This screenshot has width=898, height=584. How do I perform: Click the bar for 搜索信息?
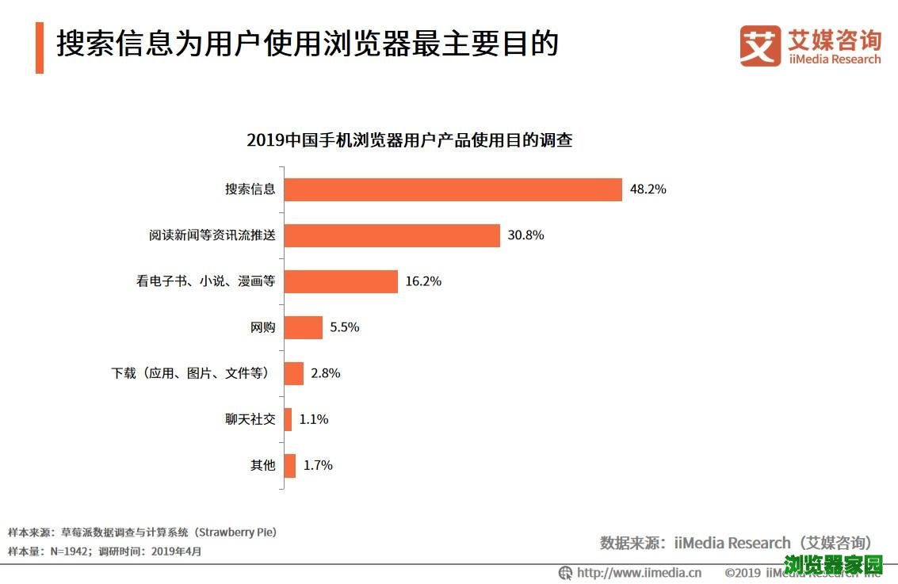[453, 189]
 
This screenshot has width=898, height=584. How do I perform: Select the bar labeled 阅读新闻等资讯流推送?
[392, 235]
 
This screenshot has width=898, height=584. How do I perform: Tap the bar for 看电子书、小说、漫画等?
[341, 281]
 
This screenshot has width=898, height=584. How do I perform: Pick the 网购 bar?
[303, 327]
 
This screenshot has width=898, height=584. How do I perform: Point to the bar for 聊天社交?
[288, 419]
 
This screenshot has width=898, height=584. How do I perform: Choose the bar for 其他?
[289, 465]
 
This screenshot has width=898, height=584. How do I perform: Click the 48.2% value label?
[648, 189]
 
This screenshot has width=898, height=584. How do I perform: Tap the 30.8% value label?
[525, 235]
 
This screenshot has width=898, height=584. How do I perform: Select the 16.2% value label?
[423, 281]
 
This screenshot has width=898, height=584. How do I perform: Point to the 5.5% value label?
[345, 327]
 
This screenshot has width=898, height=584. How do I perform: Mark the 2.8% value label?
[326, 373]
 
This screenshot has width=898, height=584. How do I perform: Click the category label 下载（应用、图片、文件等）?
[194, 373]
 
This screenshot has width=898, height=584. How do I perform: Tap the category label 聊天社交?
[250, 419]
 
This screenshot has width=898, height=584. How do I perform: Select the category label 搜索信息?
[250, 189]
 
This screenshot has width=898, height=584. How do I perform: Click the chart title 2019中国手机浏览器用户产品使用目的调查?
[409, 141]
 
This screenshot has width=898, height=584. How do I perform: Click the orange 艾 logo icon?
[759, 46]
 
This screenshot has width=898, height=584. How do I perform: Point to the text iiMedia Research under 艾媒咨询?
[835, 59]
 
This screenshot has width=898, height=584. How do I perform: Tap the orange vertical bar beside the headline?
[40, 48]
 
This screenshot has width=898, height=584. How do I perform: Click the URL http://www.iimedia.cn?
[639, 572]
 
